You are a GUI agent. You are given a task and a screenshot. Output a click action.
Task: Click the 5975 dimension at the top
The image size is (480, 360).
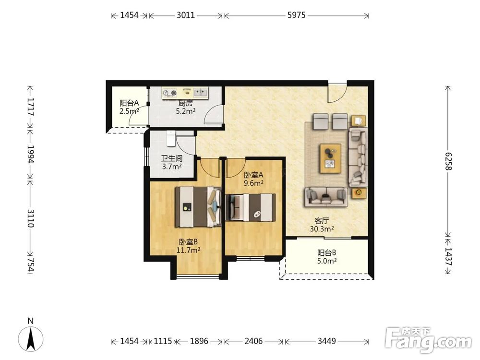pos(296,15)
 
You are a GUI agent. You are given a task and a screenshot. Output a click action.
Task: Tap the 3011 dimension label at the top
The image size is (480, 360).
pos(185,15)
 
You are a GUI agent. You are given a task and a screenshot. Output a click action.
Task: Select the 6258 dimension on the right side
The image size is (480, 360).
pos(448,161)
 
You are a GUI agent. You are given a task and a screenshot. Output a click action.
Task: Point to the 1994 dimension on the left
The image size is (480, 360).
pos(31,154)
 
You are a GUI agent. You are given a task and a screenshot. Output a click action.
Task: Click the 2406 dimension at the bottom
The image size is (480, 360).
pos(253,341)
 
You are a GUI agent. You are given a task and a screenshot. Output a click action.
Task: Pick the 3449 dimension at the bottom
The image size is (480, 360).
pos(326,341)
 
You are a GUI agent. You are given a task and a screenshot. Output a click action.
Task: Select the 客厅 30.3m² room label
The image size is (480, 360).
pos(322,225)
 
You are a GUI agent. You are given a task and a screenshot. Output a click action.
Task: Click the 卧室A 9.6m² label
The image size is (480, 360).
pos(253,179)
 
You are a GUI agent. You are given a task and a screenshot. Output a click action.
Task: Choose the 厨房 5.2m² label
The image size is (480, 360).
pos(186,107)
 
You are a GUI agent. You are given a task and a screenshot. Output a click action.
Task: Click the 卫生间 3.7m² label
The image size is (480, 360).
pos(172,163)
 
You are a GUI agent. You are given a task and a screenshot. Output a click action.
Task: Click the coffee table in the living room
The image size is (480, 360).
pos(331,158)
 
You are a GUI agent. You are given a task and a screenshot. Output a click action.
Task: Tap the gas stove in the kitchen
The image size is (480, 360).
pos(170,93)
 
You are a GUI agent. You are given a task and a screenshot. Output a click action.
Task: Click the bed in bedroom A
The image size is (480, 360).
pos(251,207)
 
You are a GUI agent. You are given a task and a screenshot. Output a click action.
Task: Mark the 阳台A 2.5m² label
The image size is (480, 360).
pos(129,107)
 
